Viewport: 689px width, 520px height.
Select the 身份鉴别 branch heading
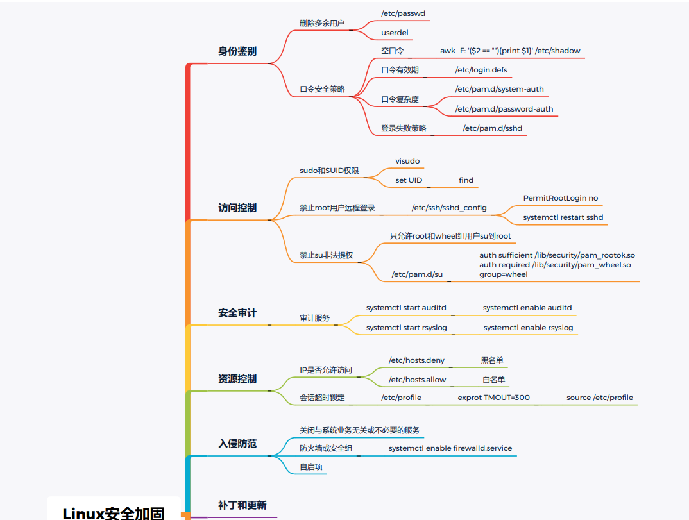tap(237, 51)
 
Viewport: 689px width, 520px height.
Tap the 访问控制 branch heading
tap(237, 208)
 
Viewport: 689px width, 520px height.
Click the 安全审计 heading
tap(237, 313)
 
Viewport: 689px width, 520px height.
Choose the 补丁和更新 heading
tap(242, 505)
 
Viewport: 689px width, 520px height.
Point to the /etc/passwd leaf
tap(404, 13)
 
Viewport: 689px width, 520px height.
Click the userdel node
tap(395, 33)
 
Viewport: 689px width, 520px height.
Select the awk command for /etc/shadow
tap(511, 51)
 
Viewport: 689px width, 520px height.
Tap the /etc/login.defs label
tap(481, 70)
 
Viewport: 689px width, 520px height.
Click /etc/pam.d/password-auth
tap(504, 109)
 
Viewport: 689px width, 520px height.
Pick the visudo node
tap(407, 161)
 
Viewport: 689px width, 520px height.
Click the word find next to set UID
tap(466, 180)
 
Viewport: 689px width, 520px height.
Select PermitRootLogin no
tap(561, 198)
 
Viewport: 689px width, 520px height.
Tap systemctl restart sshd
tap(563, 217)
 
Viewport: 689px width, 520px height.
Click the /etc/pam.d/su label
tap(417, 274)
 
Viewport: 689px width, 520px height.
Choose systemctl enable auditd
tap(527, 308)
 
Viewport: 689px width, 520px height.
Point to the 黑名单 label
tap(492, 360)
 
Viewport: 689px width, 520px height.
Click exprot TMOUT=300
tap(493, 398)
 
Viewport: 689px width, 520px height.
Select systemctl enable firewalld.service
tap(450, 448)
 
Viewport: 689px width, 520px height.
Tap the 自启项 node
tap(311, 467)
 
